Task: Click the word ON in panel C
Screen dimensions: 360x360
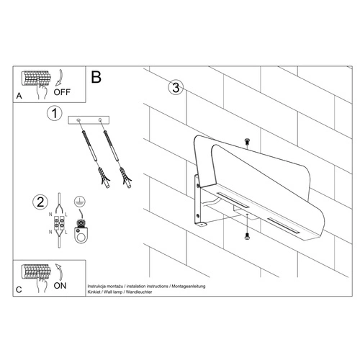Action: (61, 285)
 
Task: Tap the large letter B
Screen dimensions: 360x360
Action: (96, 76)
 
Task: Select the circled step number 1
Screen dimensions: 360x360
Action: (51, 113)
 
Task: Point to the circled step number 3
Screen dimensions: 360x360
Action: (174, 89)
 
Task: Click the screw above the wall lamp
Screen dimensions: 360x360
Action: (247, 140)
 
